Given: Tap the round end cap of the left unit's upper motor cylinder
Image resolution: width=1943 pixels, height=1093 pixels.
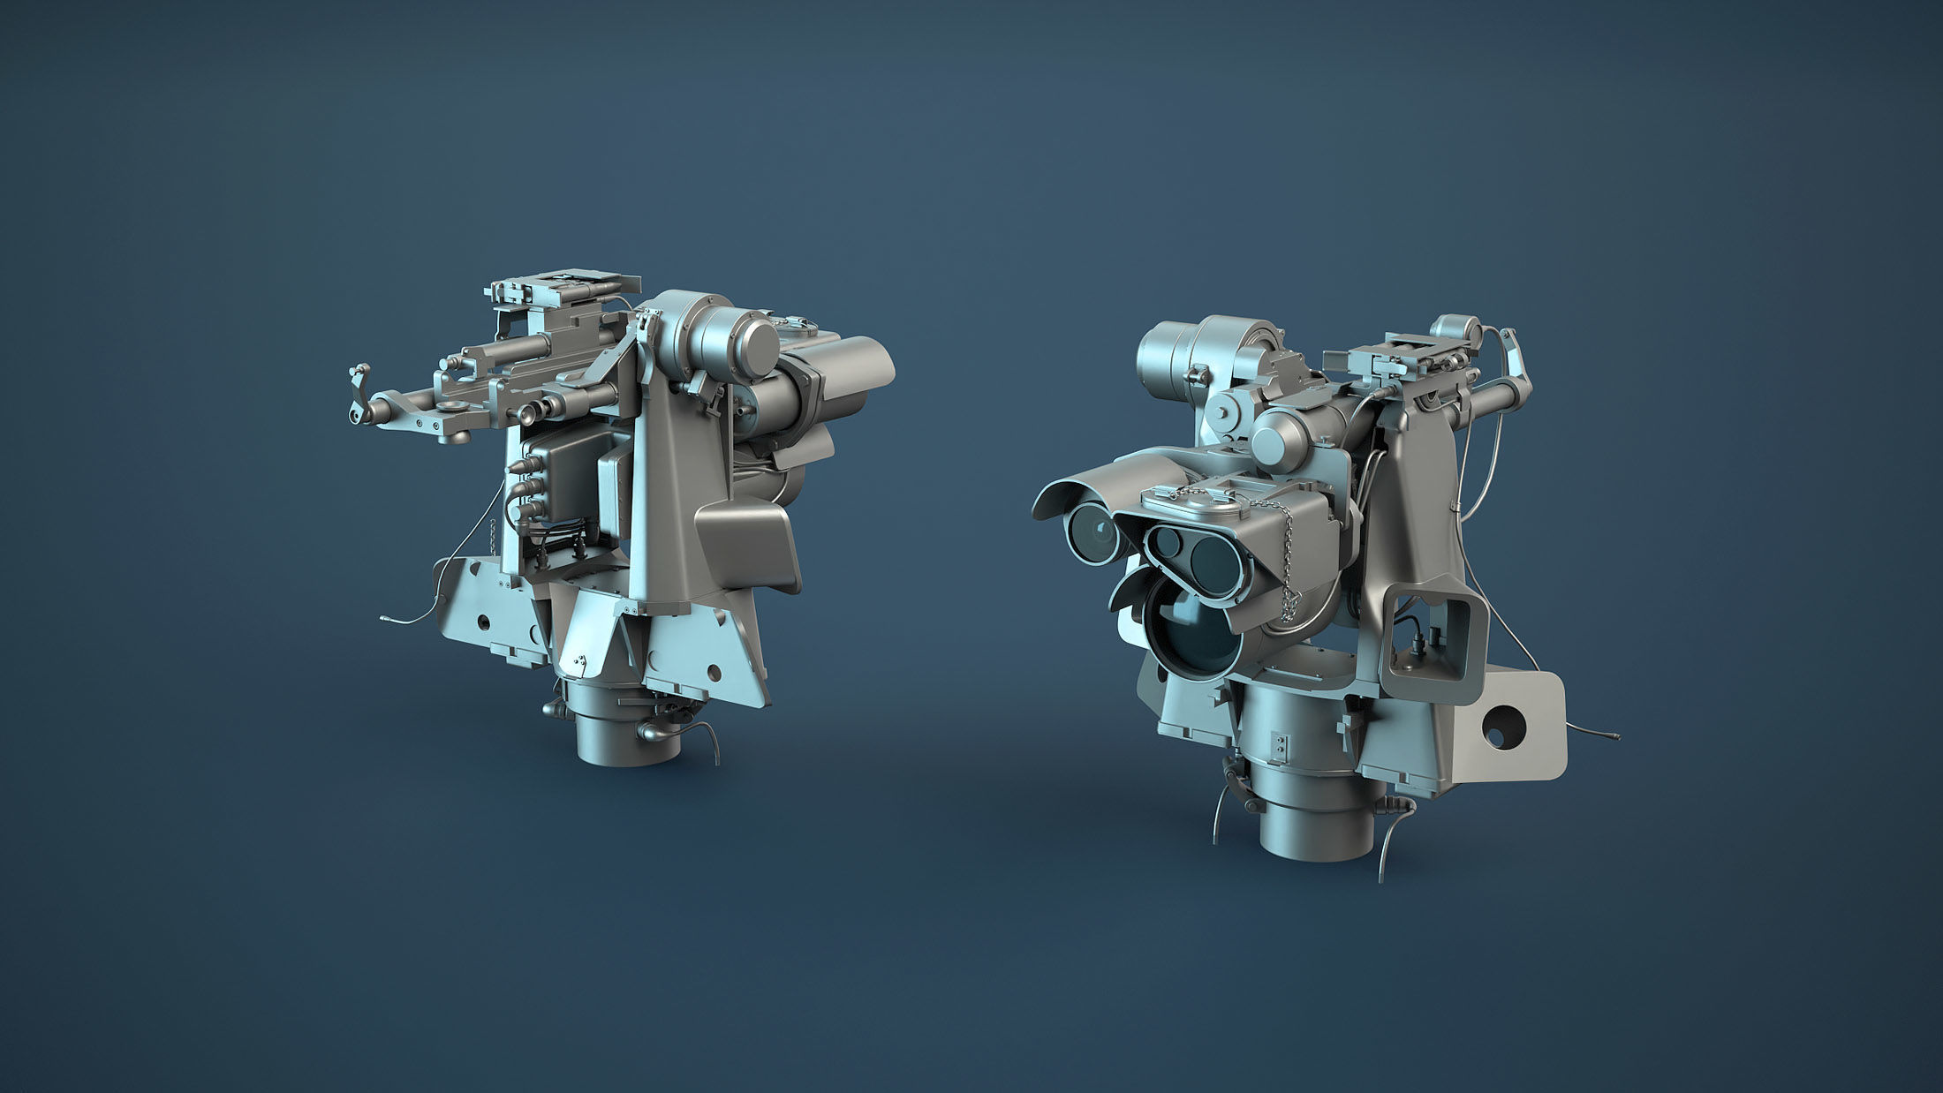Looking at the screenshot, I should pyautogui.click(x=756, y=340).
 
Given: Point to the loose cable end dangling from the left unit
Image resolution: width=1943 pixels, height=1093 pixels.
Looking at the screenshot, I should pyautogui.click(x=385, y=619).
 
